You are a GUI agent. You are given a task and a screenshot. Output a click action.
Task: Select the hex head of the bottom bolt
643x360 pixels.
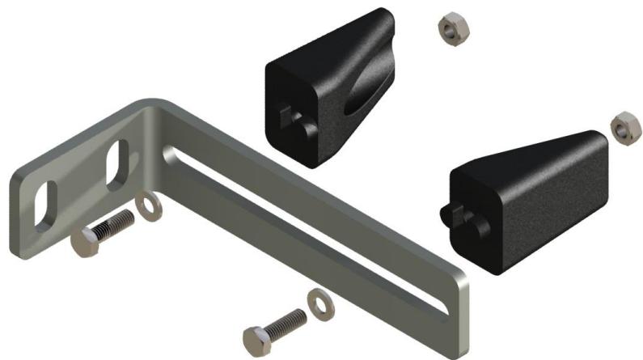[x=256, y=337]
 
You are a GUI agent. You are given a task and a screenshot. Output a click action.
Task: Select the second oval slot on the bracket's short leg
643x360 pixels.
[x=117, y=159]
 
